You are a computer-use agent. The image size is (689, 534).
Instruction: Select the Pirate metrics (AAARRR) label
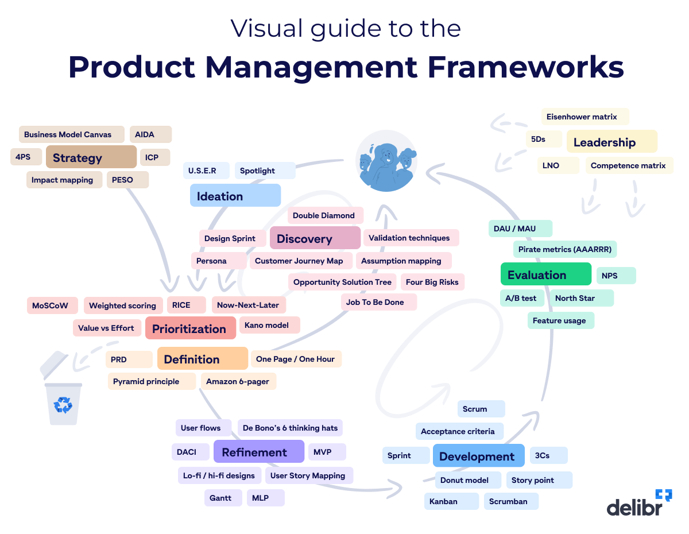click(565, 249)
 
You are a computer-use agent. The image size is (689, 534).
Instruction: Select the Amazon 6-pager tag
click(238, 381)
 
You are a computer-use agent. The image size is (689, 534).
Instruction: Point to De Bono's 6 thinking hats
click(290, 428)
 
